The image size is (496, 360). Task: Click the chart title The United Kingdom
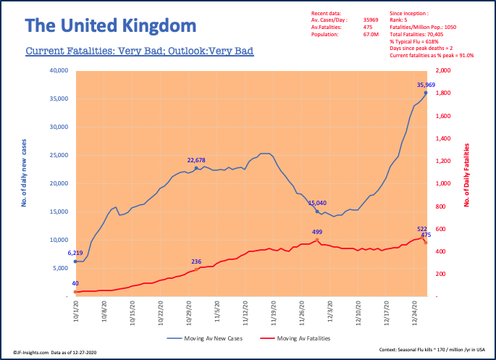pos(111,26)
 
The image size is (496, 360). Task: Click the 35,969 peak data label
pos(426,85)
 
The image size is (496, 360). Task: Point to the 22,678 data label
pos(196,160)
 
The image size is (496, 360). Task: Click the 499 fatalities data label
pos(317,232)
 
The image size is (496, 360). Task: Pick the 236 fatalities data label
pos(196,261)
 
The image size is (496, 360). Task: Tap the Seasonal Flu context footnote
pos(433,350)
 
